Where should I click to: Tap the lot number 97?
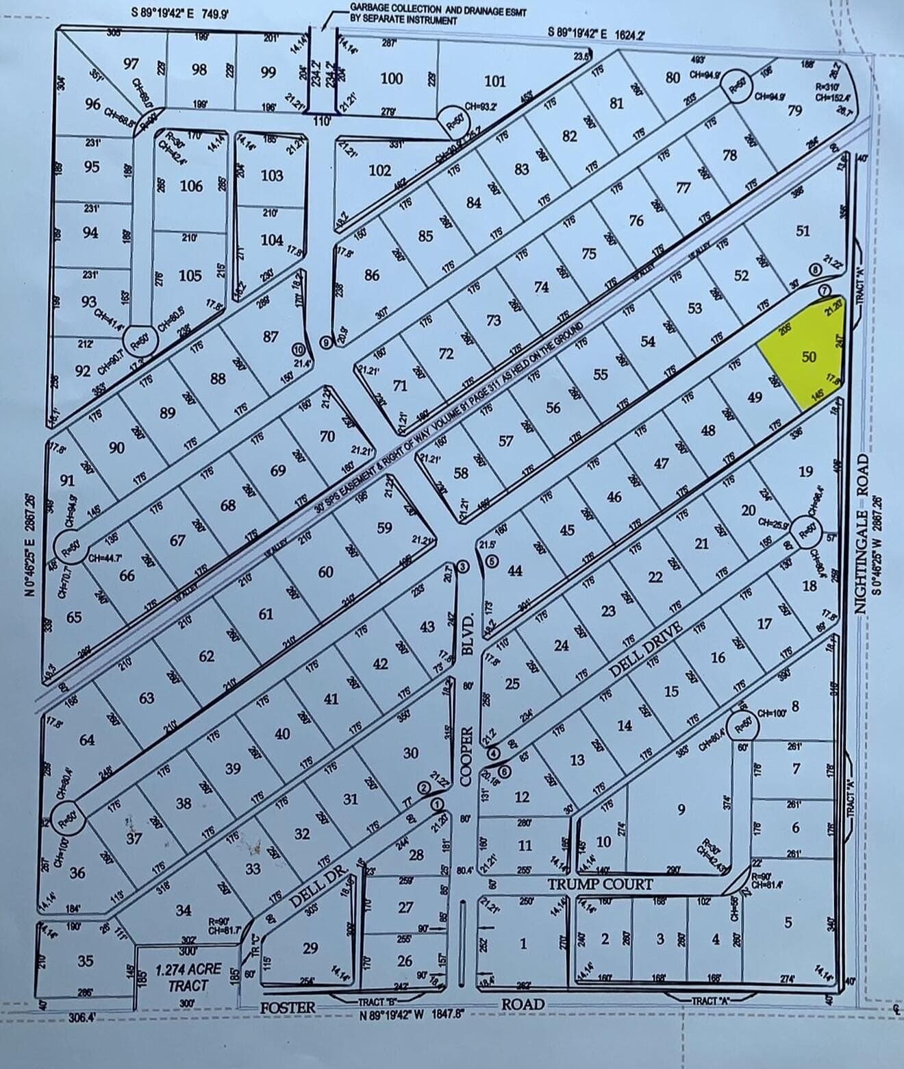click(x=131, y=64)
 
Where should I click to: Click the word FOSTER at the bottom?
click(x=288, y=1007)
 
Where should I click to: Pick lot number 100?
click(x=391, y=78)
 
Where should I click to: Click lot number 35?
click(x=85, y=961)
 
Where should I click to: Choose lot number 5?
click(x=788, y=923)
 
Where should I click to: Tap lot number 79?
click(x=794, y=110)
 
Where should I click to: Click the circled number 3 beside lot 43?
click(x=464, y=566)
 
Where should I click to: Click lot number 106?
click(x=191, y=186)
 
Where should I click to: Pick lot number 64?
click(x=87, y=739)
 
